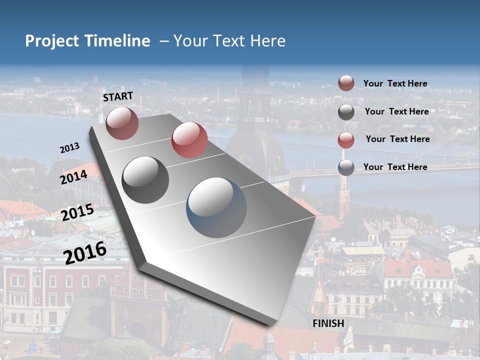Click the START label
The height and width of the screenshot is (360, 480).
[x=118, y=96]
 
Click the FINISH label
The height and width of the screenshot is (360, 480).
[x=328, y=323]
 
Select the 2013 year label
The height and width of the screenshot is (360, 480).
[x=69, y=148]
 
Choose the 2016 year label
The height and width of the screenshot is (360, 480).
[x=85, y=252]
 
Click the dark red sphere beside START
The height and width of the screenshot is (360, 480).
[x=122, y=123]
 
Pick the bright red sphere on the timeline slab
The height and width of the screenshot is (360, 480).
[x=189, y=140]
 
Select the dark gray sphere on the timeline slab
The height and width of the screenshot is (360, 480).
[x=145, y=179]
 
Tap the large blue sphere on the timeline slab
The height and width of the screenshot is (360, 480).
[x=216, y=207]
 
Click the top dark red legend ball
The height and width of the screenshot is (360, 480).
[x=346, y=83]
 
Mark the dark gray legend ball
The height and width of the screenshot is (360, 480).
[x=346, y=112]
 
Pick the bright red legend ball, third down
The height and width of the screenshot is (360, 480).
[x=346, y=140]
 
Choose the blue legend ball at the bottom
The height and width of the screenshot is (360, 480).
[x=346, y=167]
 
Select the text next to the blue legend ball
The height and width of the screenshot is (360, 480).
[x=395, y=167]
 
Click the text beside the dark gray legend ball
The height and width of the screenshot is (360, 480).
[x=396, y=111]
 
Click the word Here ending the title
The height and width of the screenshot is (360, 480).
[x=268, y=41]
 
